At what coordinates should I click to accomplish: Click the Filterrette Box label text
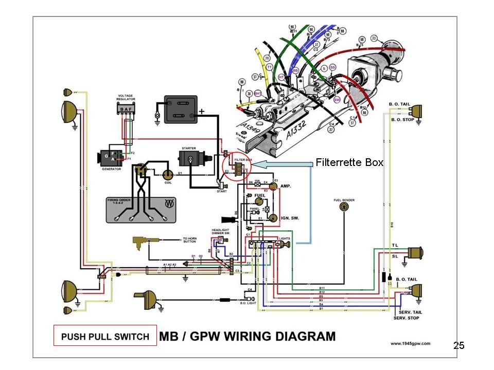(x=349, y=162)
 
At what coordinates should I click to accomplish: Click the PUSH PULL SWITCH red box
(x=105, y=337)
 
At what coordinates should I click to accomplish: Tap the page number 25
(x=458, y=345)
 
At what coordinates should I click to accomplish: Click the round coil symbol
(x=168, y=175)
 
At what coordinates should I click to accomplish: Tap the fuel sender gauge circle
(x=344, y=207)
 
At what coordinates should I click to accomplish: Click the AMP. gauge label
(x=286, y=186)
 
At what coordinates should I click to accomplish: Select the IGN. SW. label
(x=290, y=218)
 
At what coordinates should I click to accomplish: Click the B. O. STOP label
(x=401, y=120)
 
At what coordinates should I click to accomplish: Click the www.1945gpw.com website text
(x=410, y=343)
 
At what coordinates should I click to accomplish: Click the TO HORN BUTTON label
(x=189, y=240)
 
